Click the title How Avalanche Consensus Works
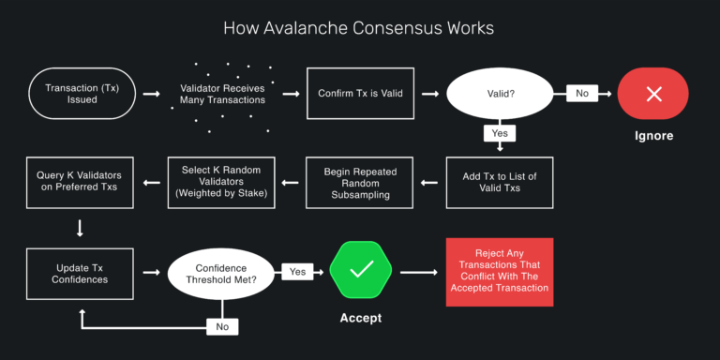click(359, 28)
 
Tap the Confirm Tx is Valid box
click(360, 94)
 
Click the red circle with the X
click(654, 94)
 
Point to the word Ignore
click(654, 136)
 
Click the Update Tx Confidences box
click(80, 273)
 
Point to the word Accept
click(360, 319)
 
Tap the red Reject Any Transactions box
click(499, 272)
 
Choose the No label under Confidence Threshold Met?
click(221, 326)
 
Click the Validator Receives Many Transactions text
click(221, 94)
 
